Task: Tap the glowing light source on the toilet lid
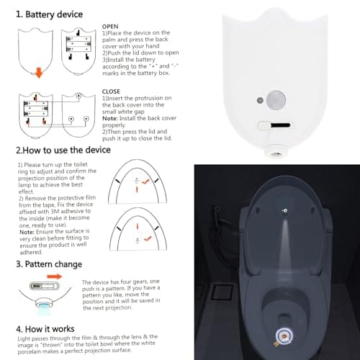coord(284,210)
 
